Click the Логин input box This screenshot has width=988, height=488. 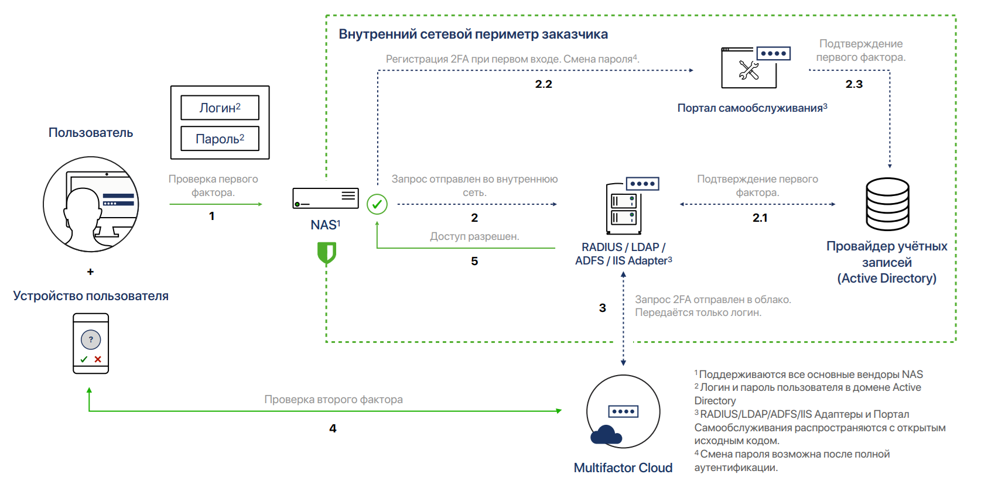tap(220, 108)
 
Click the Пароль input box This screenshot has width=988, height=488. tap(220, 139)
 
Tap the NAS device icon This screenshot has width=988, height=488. tap(326, 198)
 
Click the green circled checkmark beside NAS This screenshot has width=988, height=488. tap(377, 204)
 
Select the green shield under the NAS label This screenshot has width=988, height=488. tap(326, 253)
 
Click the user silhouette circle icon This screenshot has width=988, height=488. tap(91, 204)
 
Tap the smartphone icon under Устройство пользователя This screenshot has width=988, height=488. tap(91, 343)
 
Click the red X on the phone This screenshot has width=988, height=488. tap(98, 359)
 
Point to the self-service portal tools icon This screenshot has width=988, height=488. tap(750, 69)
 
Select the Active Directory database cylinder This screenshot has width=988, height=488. tap(887, 204)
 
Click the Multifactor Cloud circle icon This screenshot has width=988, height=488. tap(623, 411)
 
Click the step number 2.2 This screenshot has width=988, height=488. tap(543, 84)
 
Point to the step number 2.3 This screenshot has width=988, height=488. tap(854, 84)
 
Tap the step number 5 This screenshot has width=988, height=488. tap(474, 261)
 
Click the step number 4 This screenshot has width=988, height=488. tap(333, 428)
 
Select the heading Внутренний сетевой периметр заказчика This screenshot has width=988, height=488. tap(473, 34)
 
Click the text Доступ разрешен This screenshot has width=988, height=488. tap(474, 236)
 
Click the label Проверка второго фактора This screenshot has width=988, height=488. tap(333, 400)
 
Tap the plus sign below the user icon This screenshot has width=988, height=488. tap(90, 272)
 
